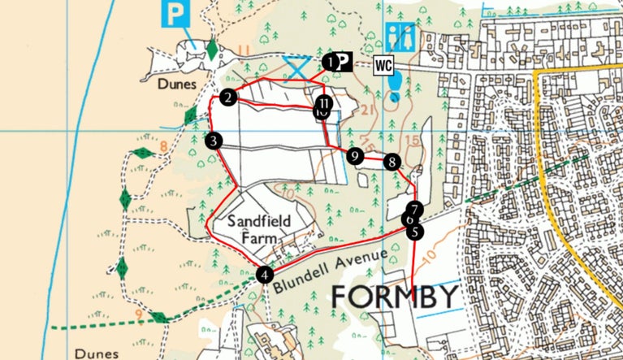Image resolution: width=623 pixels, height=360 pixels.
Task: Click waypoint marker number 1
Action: pyautogui.click(x=329, y=61)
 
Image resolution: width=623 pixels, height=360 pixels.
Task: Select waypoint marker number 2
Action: pyautogui.click(x=228, y=98)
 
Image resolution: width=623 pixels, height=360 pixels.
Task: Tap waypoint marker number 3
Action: pyautogui.click(x=214, y=141)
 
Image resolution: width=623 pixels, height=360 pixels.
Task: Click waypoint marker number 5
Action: pyautogui.click(x=416, y=232)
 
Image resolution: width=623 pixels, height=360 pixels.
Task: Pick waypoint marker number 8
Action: pyautogui.click(x=392, y=162)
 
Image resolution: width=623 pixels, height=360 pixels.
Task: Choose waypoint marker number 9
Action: pyautogui.click(x=355, y=155)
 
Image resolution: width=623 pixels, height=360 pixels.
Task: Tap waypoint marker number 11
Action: pyautogui.click(x=324, y=103)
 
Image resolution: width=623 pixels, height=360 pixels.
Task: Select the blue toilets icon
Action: pyautogui.click(x=400, y=37)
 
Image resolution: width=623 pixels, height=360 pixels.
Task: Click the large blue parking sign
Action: pyautogui.click(x=174, y=14)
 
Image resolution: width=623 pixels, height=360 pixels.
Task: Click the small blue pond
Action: pyautogui.click(x=395, y=83)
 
